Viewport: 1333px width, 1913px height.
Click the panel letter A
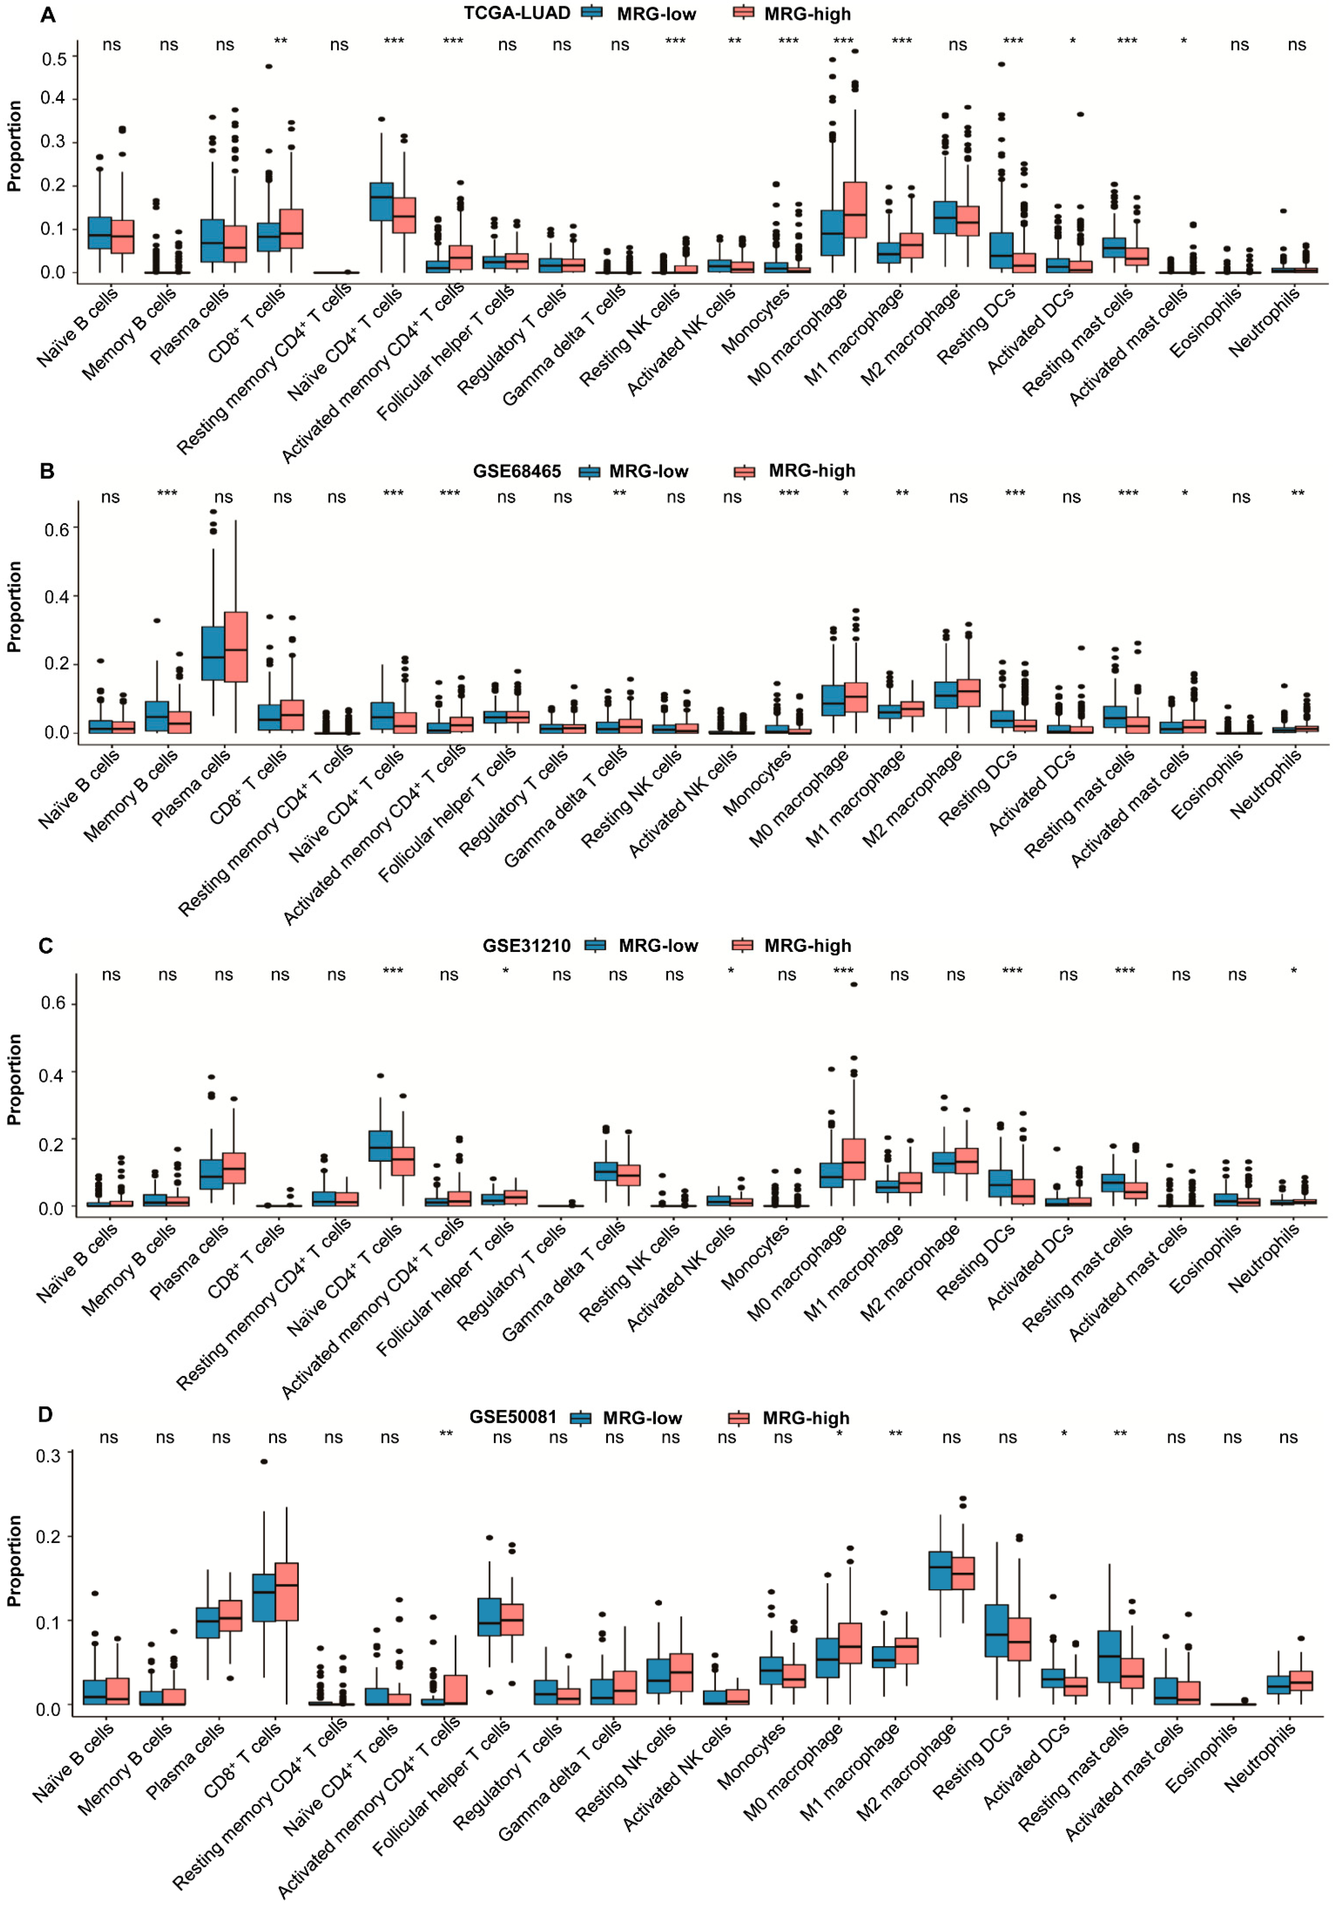[48, 15]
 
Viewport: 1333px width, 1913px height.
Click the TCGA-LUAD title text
[516, 13]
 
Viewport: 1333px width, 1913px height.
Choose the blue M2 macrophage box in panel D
[940, 1571]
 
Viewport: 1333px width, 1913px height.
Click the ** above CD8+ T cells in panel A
[281, 42]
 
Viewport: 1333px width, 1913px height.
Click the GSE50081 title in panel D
[512, 1417]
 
